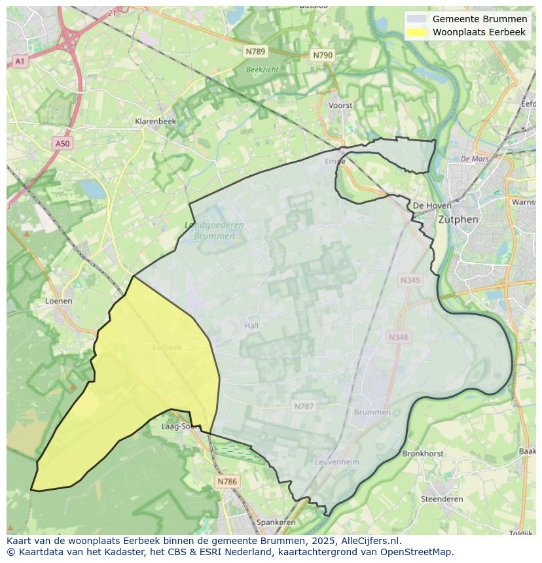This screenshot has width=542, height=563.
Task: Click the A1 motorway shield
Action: [x=20, y=61]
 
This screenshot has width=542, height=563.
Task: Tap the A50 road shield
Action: [x=62, y=143]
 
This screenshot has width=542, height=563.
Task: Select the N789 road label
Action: [x=256, y=51]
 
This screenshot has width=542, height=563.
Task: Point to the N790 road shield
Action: [x=323, y=56]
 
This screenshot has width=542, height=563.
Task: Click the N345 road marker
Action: [x=410, y=280]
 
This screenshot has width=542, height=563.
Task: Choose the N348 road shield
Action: [x=398, y=337]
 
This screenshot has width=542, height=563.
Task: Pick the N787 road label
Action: [x=304, y=406]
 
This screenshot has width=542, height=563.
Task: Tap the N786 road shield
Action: [x=227, y=481]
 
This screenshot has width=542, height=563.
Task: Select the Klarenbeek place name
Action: [x=155, y=122]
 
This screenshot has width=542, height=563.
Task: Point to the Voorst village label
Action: [x=340, y=105]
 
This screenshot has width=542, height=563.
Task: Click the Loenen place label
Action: [x=59, y=301]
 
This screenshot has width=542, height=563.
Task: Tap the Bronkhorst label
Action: [x=423, y=453]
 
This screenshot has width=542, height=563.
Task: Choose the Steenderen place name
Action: [x=442, y=499]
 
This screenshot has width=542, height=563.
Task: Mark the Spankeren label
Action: [x=276, y=522]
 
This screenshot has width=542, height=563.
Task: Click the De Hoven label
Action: [x=432, y=205]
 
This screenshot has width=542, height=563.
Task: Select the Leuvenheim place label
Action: [x=337, y=462]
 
